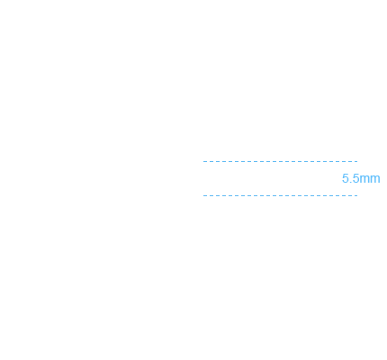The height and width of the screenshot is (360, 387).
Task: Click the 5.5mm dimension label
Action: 361,178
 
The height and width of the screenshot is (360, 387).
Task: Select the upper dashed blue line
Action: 280,161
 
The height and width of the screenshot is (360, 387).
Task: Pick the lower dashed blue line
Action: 280,195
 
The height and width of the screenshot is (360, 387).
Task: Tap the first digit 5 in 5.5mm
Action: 346,178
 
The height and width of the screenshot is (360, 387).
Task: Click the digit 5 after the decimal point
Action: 355,178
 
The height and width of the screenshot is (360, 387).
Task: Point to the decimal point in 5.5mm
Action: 350,183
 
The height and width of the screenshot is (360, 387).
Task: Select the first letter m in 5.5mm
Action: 364,180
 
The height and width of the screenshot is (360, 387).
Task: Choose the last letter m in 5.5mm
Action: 375,180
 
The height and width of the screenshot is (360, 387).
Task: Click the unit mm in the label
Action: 370,180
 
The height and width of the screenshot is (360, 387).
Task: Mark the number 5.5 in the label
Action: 350,178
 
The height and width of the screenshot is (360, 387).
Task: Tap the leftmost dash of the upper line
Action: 205,161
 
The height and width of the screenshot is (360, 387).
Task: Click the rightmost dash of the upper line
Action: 356,161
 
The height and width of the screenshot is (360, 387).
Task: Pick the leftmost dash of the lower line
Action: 205,195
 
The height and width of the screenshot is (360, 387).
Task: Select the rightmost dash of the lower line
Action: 356,195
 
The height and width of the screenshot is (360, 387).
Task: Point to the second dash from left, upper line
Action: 211,161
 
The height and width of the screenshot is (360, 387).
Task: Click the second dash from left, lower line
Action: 211,195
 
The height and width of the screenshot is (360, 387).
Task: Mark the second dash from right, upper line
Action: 350,161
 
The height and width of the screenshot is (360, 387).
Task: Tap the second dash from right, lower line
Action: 350,195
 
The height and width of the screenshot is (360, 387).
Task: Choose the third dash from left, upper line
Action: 218,161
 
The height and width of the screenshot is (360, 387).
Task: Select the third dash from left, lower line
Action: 218,195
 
